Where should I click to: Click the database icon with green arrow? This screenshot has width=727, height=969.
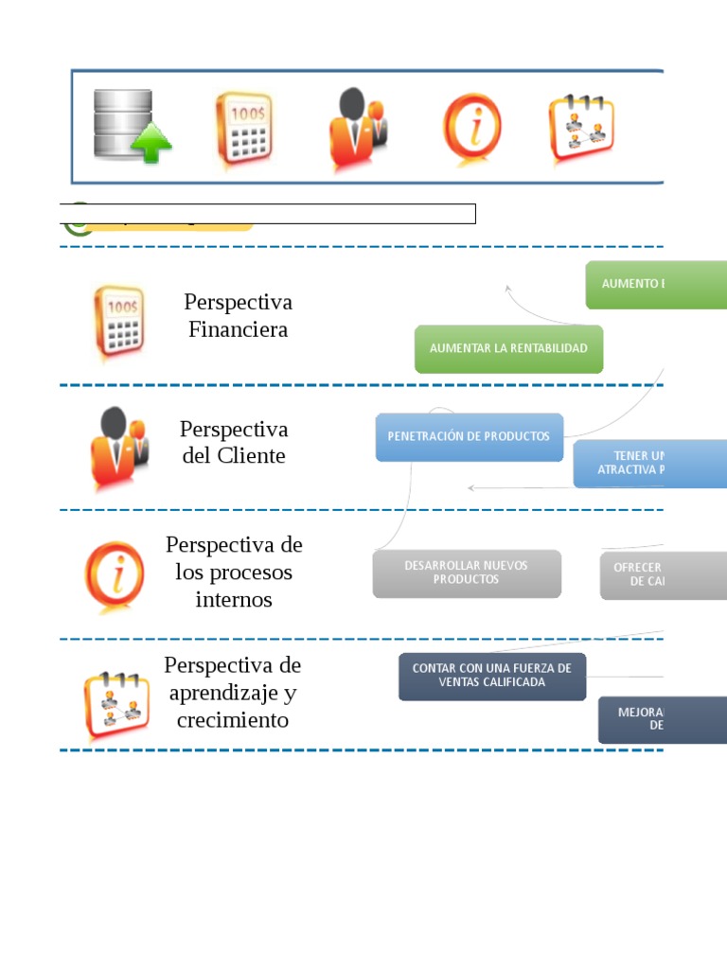point(131,126)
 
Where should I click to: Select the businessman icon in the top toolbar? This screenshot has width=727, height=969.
point(356,130)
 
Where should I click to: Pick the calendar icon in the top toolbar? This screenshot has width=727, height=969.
point(580,129)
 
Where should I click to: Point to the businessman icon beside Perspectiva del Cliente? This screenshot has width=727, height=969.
point(118,448)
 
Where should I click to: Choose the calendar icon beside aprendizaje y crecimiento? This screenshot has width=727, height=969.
point(116,706)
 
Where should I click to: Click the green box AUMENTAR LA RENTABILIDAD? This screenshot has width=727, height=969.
point(508,348)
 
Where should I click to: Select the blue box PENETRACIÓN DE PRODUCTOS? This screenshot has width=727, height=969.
point(469,436)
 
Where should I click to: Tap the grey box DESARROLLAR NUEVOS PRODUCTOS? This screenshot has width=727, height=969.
point(467,573)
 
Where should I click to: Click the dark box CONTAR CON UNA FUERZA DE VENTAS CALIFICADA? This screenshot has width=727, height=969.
point(491,676)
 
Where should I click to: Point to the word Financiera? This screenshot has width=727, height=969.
point(238,330)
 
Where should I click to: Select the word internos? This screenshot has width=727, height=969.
point(234,600)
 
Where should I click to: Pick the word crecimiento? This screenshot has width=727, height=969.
point(233,721)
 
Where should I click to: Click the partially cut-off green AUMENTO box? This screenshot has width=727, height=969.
point(655,284)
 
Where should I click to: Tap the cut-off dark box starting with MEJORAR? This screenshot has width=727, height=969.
point(662,719)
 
